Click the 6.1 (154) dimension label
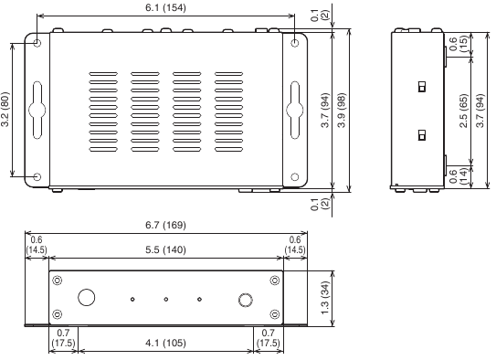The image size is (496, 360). pyautogui.click(x=165, y=7)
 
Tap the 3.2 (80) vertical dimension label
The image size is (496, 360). pyautogui.click(x=5, y=110)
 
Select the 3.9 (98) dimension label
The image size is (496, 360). pyautogui.click(x=342, y=110)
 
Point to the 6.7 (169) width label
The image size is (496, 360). pyautogui.click(x=165, y=225)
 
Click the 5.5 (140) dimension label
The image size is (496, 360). pyautogui.click(x=165, y=250)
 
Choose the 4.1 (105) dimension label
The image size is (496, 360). pyautogui.click(x=165, y=343)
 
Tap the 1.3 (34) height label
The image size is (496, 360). pyautogui.click(x=325, y=298)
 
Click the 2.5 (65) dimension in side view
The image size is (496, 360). pyautogui.click(x=464, y=111)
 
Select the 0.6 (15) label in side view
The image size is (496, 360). pyautogui.click(x=458, y=44)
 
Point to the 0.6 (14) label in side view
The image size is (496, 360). pyautogui.click(x=458, y=176)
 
